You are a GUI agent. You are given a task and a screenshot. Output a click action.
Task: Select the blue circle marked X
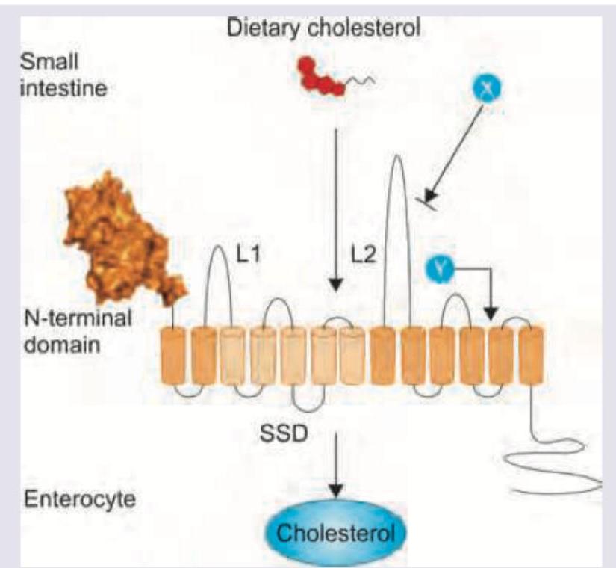pyautogui.click(x=485, y=90)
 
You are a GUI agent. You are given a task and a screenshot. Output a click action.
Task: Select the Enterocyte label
pyautogui.click(x=81, y=499)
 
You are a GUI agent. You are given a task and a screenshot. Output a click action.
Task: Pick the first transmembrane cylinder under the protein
pyautogui.click(x=174, y=356)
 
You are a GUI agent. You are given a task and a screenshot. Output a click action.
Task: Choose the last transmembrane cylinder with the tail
pyautogui.click(x=531, y=356)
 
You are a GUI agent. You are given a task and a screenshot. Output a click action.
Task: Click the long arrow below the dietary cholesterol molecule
pyautogui.click(x=336, y=209)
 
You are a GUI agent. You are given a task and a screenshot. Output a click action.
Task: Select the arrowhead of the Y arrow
pyautogui.click(x=490, y=312)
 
